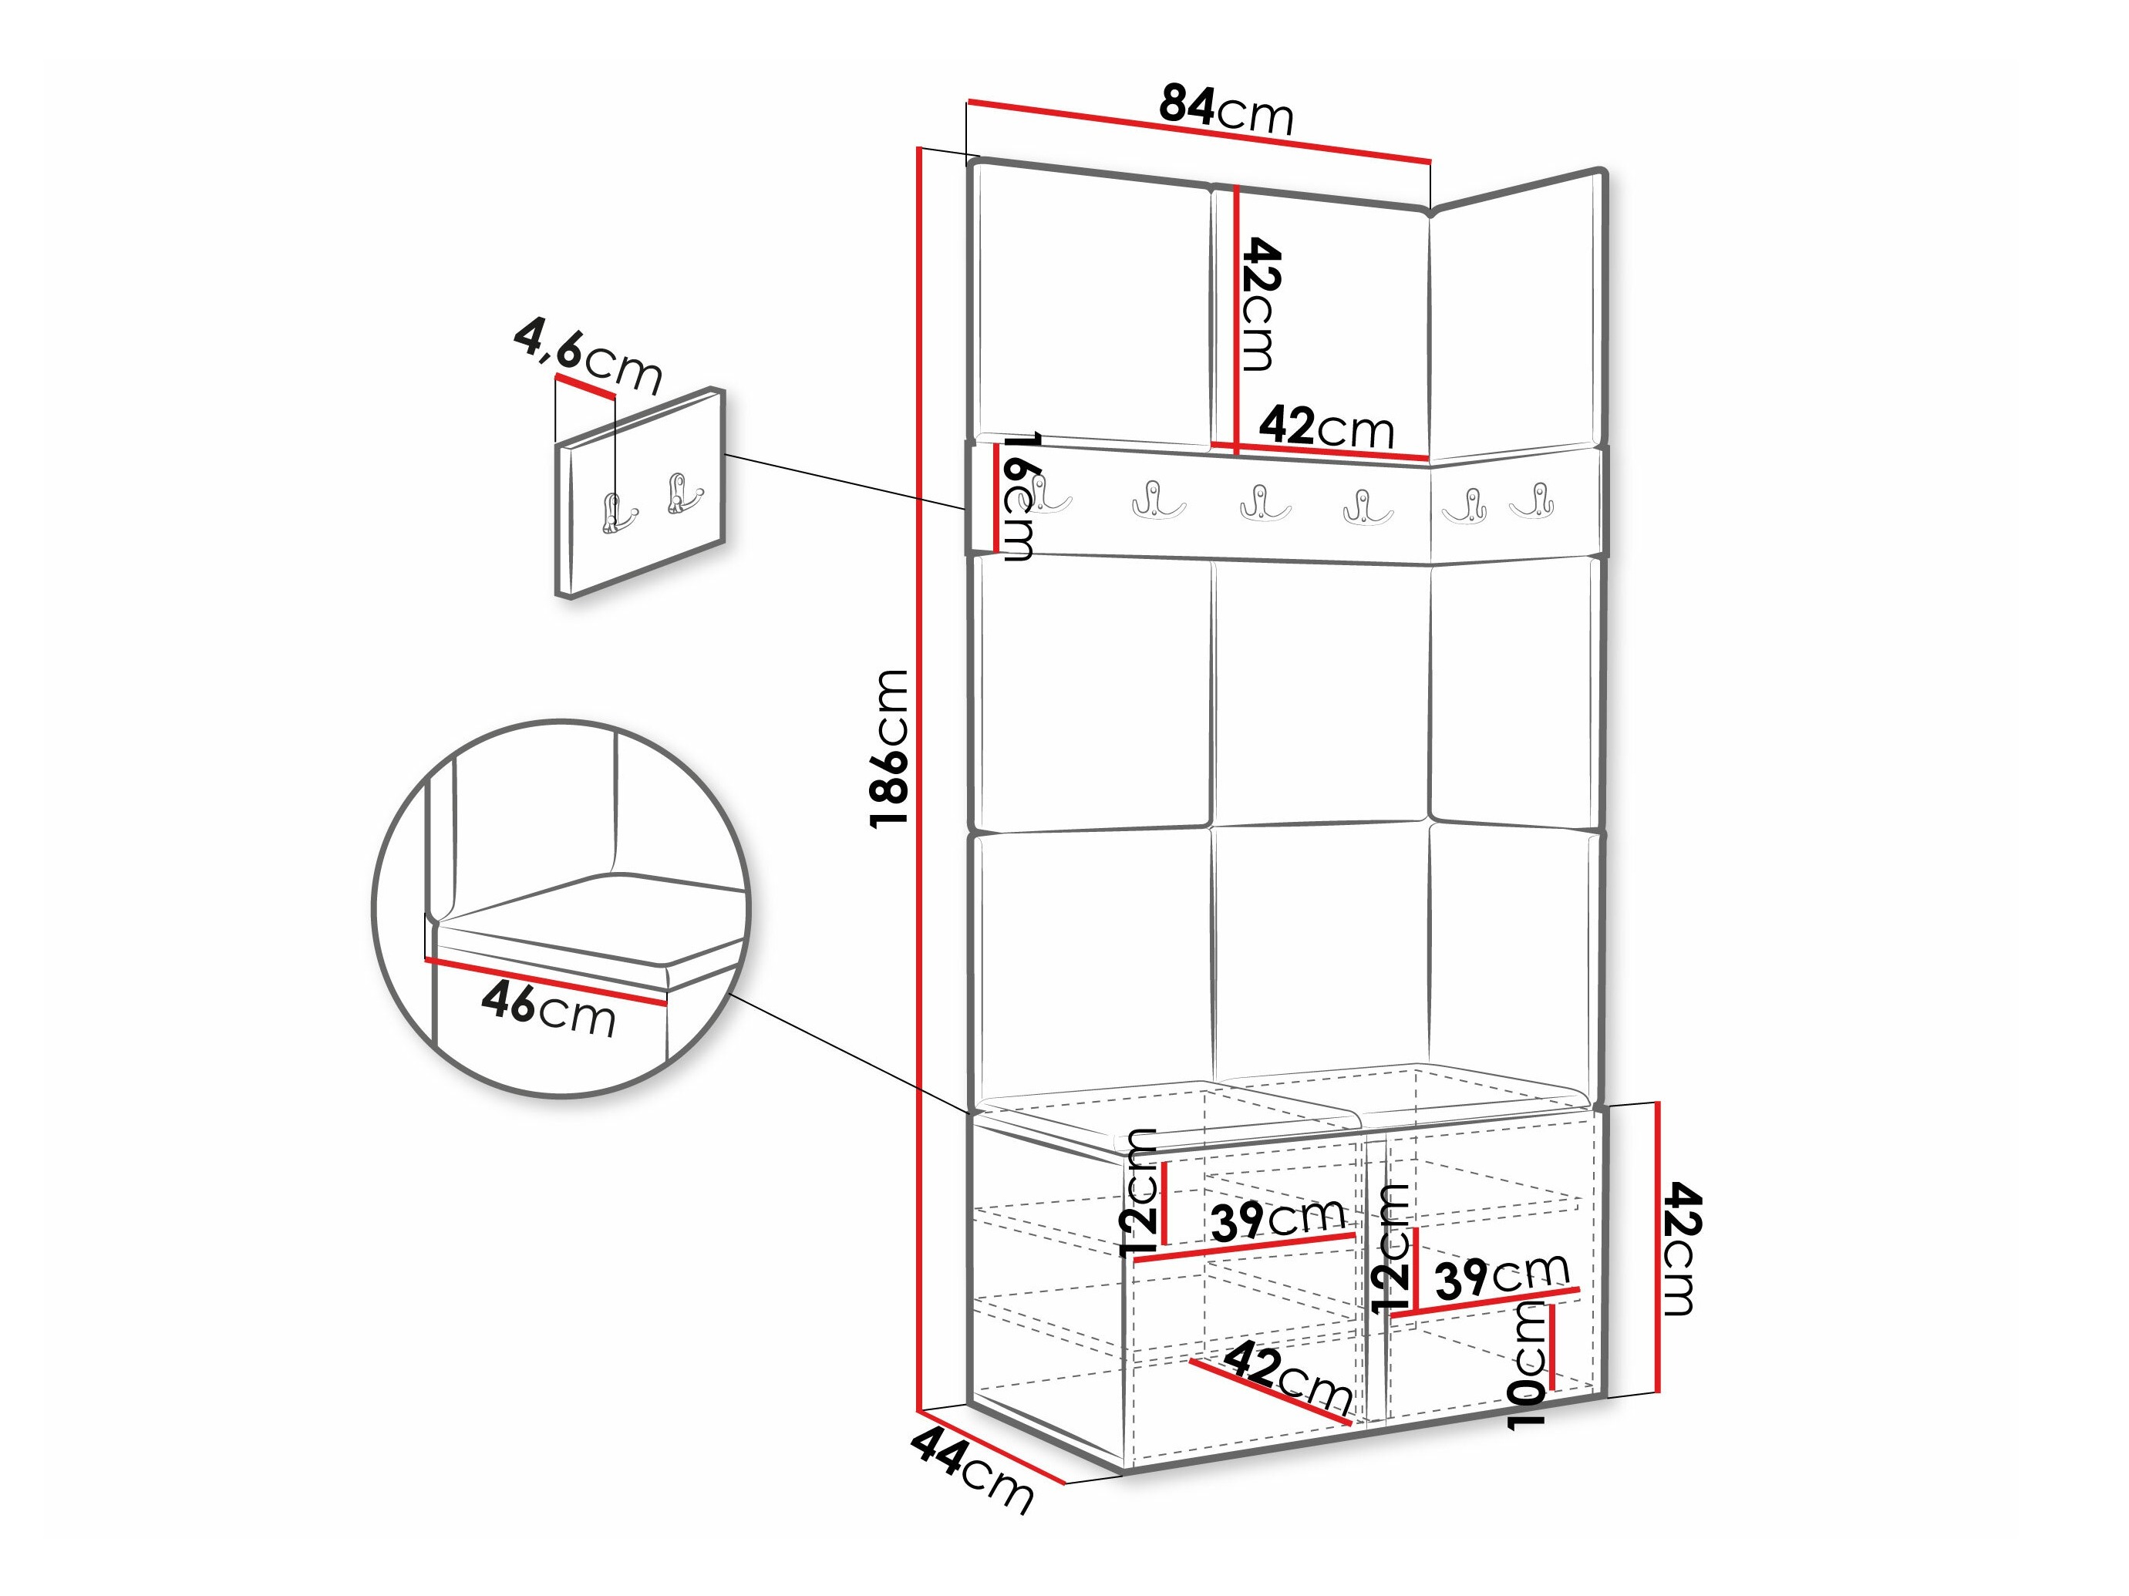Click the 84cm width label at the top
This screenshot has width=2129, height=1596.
pos(1227,109)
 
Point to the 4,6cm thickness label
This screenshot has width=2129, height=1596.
pos(588,357)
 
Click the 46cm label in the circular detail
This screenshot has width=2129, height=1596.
pos(548,1011)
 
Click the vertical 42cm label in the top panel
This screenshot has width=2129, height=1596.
pos(1260,305)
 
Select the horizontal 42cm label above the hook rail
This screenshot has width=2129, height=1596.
pos(1327,427)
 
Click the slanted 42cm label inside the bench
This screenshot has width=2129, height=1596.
pos(1289,1378)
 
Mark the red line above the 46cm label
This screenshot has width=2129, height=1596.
pos(544,981)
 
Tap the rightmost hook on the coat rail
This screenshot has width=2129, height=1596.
pos(1531,500)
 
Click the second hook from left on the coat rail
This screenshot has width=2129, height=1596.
pos(1159,500)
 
